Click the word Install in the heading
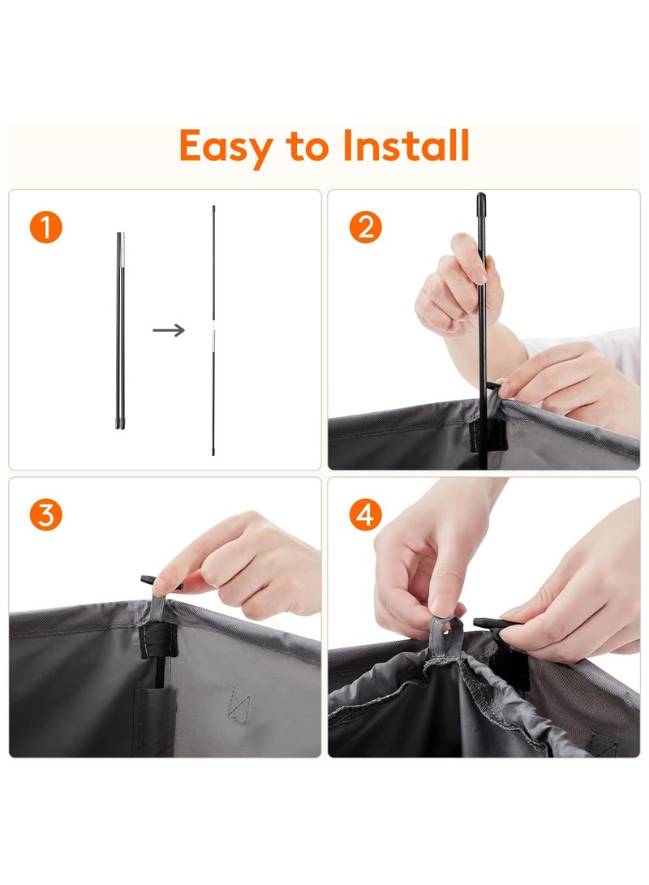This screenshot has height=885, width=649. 406,145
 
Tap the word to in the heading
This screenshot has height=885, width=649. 307,147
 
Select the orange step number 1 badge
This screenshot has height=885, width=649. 45,227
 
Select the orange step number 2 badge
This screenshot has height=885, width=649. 365,227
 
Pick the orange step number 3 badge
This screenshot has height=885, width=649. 45,515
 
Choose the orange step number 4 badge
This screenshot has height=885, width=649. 365,515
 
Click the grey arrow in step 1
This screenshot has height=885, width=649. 169,330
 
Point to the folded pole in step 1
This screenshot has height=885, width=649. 120,331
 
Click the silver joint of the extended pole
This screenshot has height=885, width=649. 213,338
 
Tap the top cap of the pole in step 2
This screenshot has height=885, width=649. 481,202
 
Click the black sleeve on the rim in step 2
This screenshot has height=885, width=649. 488,435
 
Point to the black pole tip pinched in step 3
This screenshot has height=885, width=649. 150,580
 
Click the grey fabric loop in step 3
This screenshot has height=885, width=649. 158,608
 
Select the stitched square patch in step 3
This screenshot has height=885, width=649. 239,704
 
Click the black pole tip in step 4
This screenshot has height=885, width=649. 490,623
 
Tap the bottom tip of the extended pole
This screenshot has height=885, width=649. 213,452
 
